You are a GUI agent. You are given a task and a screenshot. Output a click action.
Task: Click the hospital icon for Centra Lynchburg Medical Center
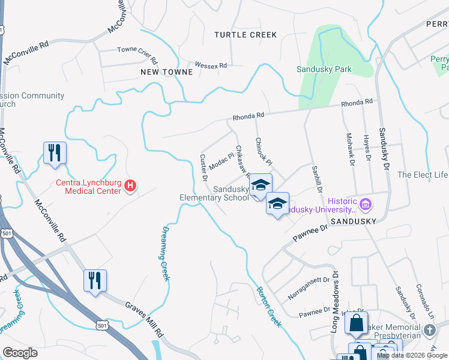point(130,187)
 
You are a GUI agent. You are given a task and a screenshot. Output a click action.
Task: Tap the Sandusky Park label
point(324,69)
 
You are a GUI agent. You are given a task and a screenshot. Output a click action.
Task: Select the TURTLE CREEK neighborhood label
point(246,35)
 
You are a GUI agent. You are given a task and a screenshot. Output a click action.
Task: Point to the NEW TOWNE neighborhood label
point(167,72)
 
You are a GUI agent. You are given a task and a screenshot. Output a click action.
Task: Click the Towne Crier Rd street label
point(137,55)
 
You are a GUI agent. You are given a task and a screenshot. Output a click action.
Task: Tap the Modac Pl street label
point(221,160)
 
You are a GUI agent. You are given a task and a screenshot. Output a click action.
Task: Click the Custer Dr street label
point(203,168)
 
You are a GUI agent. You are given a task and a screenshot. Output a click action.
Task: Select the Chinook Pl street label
point(264,152)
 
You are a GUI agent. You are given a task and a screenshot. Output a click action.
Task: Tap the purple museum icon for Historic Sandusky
point(366,205)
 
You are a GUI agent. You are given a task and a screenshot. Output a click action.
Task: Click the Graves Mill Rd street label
point(144,319)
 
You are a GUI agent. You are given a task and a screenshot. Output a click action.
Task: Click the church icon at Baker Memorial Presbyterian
point(430,330)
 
